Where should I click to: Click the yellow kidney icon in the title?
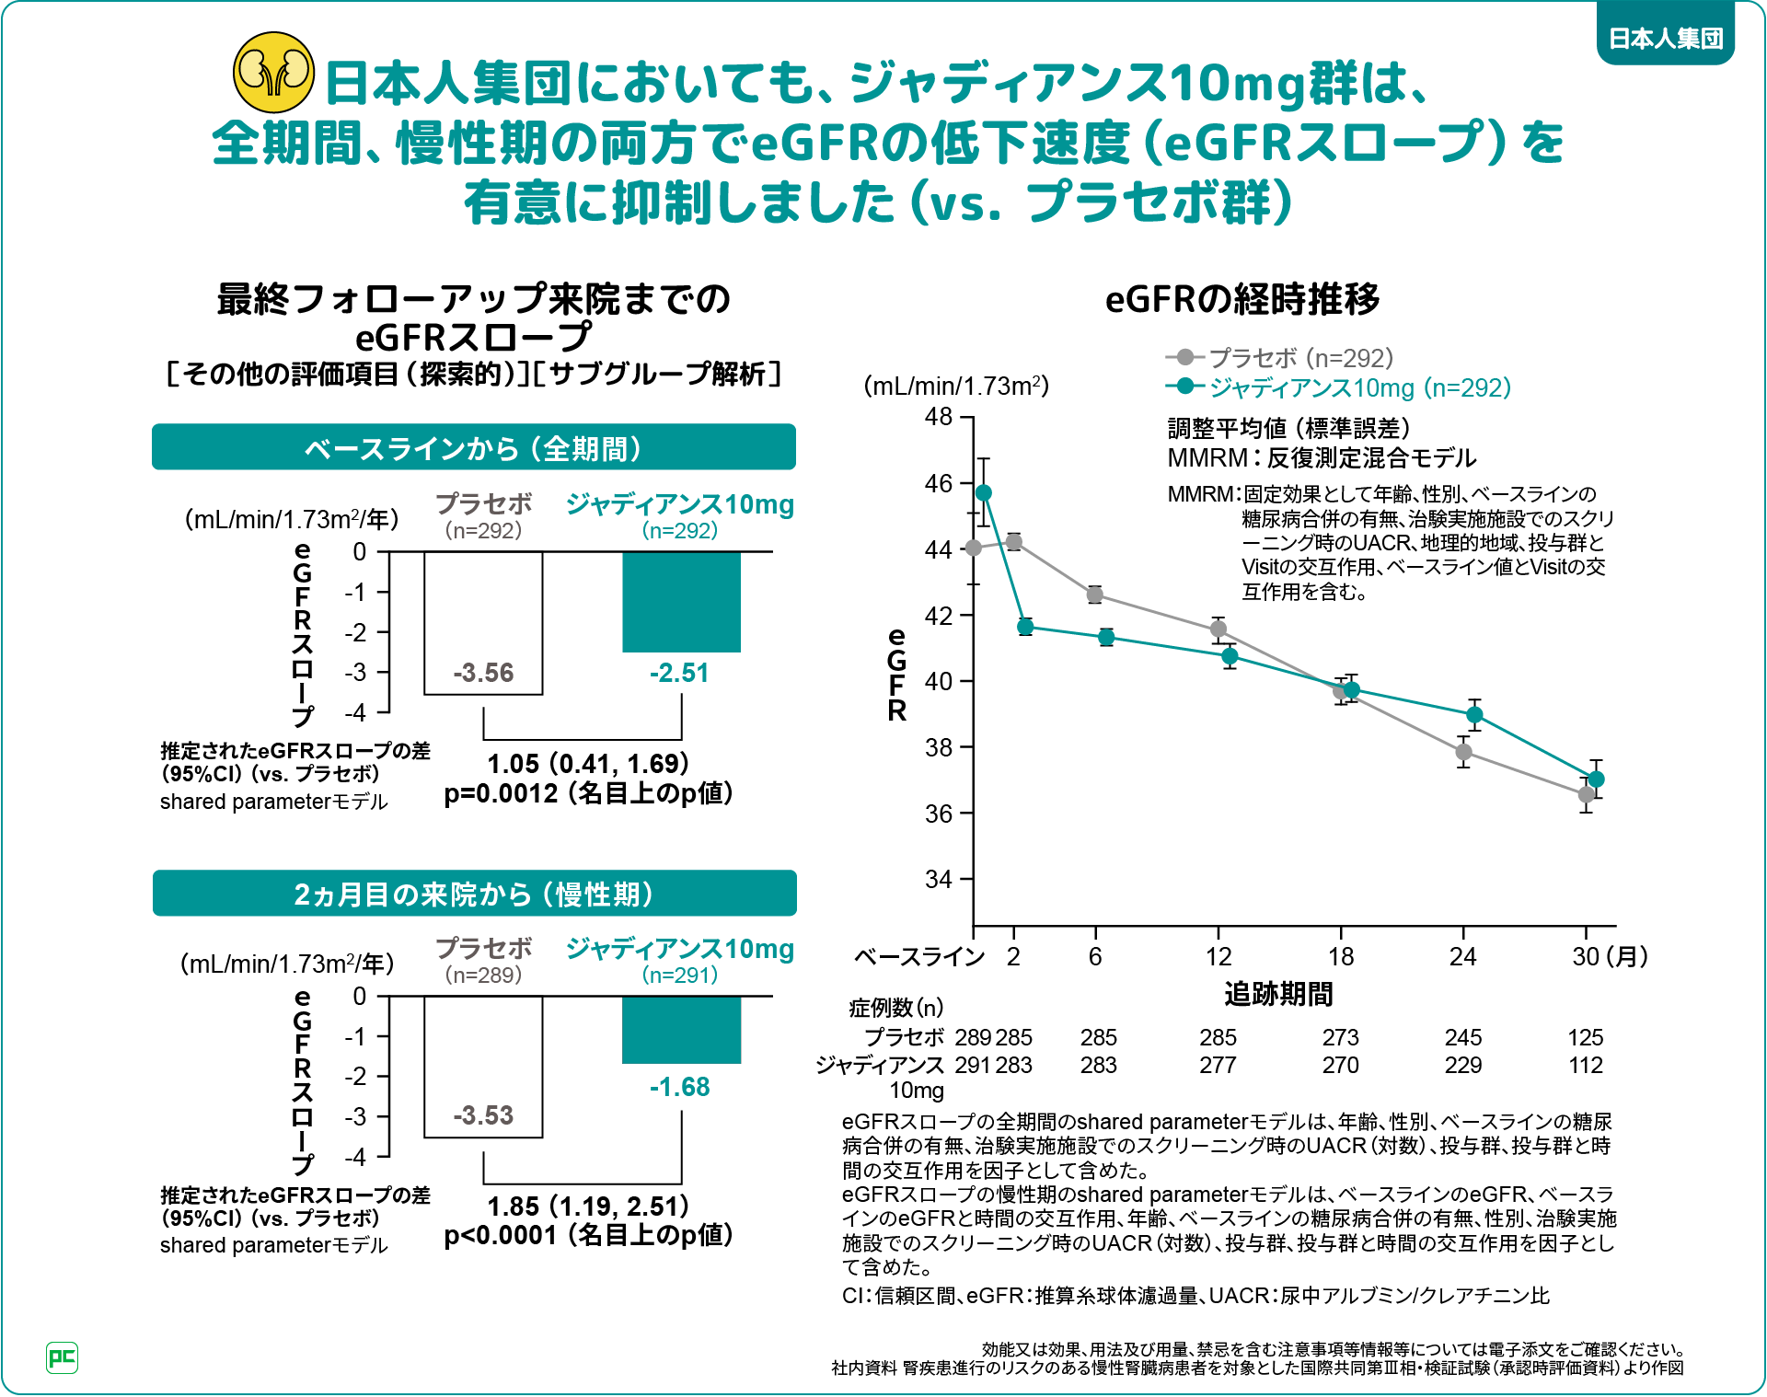pos(273,72)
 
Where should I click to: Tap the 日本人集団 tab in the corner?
pos(1665,38)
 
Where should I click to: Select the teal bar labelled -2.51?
pos(681,602)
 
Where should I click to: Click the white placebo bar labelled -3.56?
pos(483,622)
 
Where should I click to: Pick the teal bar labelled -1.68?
pos(681,1030)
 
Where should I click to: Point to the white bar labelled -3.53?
pos(483,1066)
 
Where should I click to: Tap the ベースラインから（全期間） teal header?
pos(473,448)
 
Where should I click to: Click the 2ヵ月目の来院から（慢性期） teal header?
pos(473,894)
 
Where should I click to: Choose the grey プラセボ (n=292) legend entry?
pos(1279,357)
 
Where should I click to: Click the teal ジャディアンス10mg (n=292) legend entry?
pos(1339,387)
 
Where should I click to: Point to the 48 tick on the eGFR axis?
pos(939,417)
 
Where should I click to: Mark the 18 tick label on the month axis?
pos(1341,957)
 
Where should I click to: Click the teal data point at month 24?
pos(1474,715)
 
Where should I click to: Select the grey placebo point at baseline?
pos(974,548)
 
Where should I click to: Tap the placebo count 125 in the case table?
pos(1585,1037)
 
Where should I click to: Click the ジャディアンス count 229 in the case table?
pos(1462,1065)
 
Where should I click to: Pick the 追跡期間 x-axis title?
pos(1277,994)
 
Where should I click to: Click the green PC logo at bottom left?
pos(62,1357)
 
